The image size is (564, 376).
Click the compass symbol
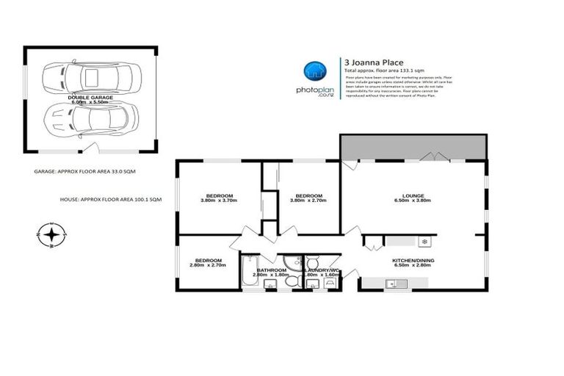click(51, 235)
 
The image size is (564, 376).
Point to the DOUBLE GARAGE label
click(90, 96)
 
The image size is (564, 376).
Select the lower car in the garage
click(90, 117)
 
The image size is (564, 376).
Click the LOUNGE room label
click(412, 195)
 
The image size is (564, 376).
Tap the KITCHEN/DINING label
click(412, 260)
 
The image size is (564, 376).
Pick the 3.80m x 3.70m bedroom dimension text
click(219, 200)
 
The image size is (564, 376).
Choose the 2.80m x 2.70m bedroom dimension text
click(209, 264)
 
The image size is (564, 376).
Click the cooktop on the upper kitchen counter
click(424, 241)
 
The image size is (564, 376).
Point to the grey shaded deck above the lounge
click(413, 147)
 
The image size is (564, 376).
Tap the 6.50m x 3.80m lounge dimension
click(412, 200)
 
